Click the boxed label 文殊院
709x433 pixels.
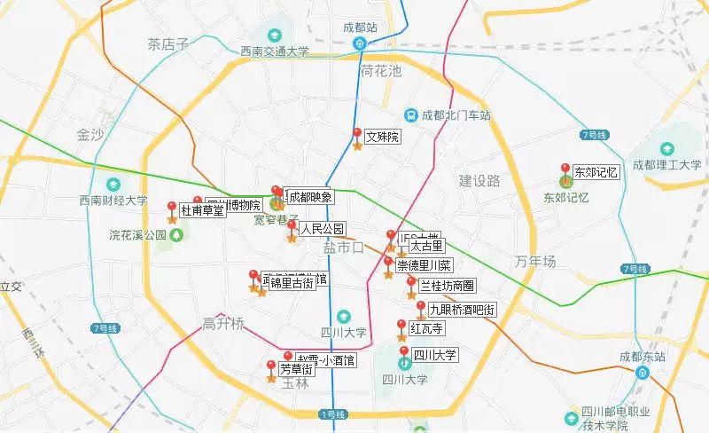[x=383, y=138]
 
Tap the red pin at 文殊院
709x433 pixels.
[x=358, y=134]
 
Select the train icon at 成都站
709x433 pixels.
[x=360, y=43]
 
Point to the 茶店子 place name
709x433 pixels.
[x=168, y=43]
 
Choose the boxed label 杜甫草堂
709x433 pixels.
[x=202, y=210]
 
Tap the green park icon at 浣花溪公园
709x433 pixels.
[x=176, y=235]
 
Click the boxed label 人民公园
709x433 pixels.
[x=322, y=229]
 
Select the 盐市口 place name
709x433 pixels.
[x=343, y=248]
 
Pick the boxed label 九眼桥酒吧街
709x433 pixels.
[x=462, y=310]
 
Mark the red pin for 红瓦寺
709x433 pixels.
[x=401, y=326]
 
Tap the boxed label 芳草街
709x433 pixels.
[x=296, y=368]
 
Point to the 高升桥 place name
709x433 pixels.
[x=222, y=323]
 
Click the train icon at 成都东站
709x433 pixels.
[x=641, y=373]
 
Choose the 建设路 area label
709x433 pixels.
[x=479, y=181]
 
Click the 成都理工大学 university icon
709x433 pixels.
[x=666, y=148]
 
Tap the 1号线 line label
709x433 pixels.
[x=333, y=414]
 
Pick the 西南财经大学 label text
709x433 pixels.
[x=113, y=201]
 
